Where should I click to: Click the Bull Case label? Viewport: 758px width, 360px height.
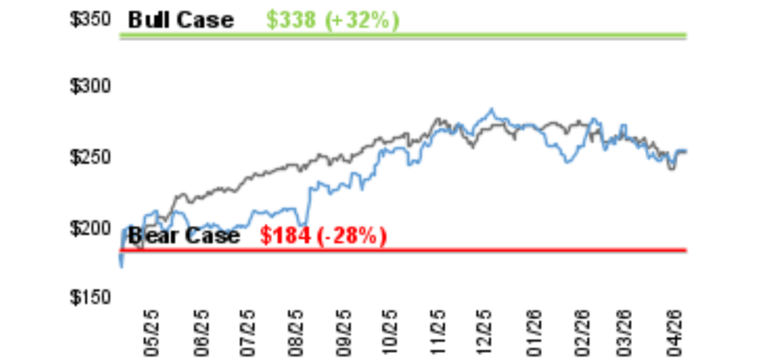[x=180, y=19]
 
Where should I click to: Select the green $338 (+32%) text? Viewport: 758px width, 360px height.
[x=331, y=19]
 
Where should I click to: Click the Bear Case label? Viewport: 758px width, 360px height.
[x=184, y=236]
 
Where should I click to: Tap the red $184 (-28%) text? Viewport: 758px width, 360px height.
[x=323, y=236]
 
